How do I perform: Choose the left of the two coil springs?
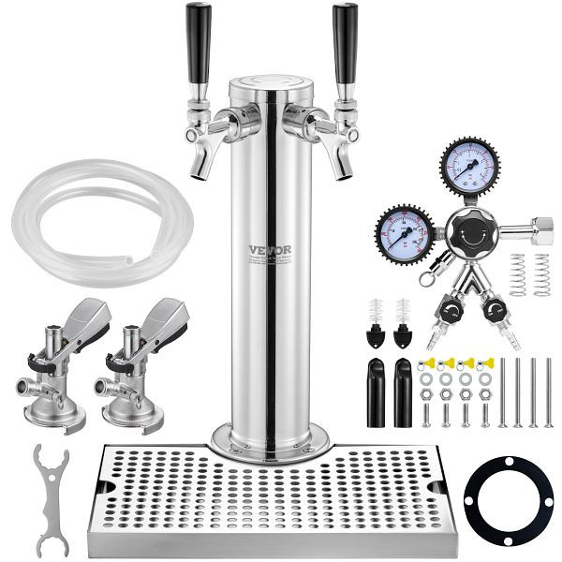pyautogui.click(x=518, y=274)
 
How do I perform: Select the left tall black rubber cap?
pyautogui.click(x=375, y=391)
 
